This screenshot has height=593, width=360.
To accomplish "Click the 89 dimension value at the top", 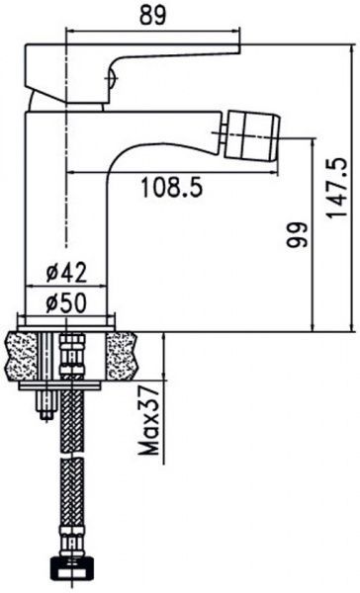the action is tap(153, 16).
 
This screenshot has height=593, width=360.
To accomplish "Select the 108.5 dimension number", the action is tap(172, 187).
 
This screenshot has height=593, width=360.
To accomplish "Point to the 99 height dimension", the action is tap(296, 234).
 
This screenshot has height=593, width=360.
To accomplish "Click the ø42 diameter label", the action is tap(66, 273).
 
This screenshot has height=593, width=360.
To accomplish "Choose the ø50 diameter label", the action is tap(66, 302).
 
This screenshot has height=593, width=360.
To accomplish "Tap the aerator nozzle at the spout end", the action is tap(252, 134).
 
